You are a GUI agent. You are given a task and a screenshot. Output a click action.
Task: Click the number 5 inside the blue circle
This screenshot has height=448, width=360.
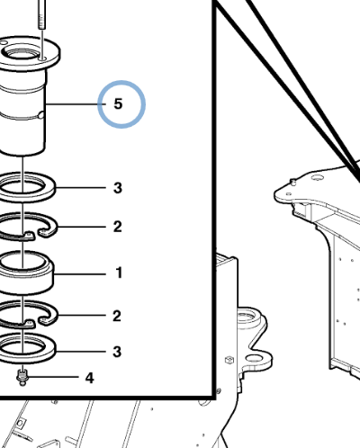point(118,103)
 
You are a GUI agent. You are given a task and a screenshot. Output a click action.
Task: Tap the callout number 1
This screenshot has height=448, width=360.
point(119,273)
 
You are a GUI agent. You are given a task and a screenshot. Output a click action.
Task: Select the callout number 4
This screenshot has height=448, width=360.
point(89,378)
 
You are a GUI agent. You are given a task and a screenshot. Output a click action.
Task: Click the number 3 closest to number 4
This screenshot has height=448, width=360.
point(117,352)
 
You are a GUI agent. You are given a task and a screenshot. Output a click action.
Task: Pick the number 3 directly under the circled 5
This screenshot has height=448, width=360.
point(118,188)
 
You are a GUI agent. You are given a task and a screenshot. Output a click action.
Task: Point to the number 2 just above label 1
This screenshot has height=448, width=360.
point(117,227)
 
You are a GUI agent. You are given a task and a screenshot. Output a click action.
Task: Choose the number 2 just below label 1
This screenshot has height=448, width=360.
point(117,316)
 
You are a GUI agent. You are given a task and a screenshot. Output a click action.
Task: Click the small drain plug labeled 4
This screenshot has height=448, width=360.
point(22,377)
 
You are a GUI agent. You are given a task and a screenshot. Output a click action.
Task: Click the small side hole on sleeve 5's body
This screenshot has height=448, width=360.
point(41,115)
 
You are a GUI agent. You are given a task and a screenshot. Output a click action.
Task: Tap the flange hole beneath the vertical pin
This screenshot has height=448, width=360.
point(42,59)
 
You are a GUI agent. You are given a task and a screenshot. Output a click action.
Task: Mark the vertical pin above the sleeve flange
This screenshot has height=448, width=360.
point(42,14)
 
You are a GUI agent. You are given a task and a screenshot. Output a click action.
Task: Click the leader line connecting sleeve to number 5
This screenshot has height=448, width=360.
point(76,104)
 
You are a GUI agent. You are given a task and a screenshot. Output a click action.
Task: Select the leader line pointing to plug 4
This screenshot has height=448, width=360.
point(53,377)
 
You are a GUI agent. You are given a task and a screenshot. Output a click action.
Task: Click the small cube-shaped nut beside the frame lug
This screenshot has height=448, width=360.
point(229,360)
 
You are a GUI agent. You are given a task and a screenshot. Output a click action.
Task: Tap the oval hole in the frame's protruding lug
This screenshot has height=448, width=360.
point(255,358)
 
